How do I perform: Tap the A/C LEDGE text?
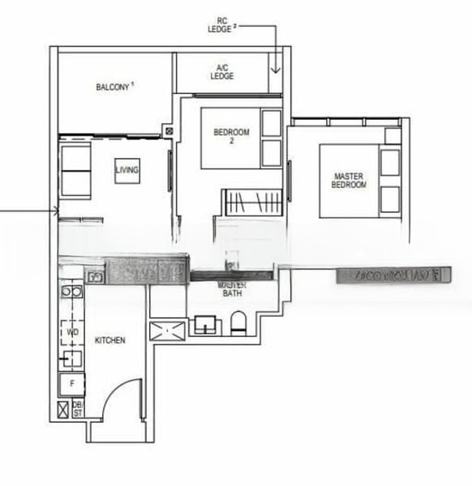222,72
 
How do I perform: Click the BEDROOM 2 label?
231,136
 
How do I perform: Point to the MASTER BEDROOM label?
350,180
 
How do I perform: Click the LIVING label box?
127,170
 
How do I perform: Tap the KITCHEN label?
109,341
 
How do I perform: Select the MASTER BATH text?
231,289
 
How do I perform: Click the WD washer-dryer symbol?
72,332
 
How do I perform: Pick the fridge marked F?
72,383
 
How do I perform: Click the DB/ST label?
78,408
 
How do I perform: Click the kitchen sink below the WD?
72,357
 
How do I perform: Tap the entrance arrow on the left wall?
55,212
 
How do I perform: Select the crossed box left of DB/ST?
63,409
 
